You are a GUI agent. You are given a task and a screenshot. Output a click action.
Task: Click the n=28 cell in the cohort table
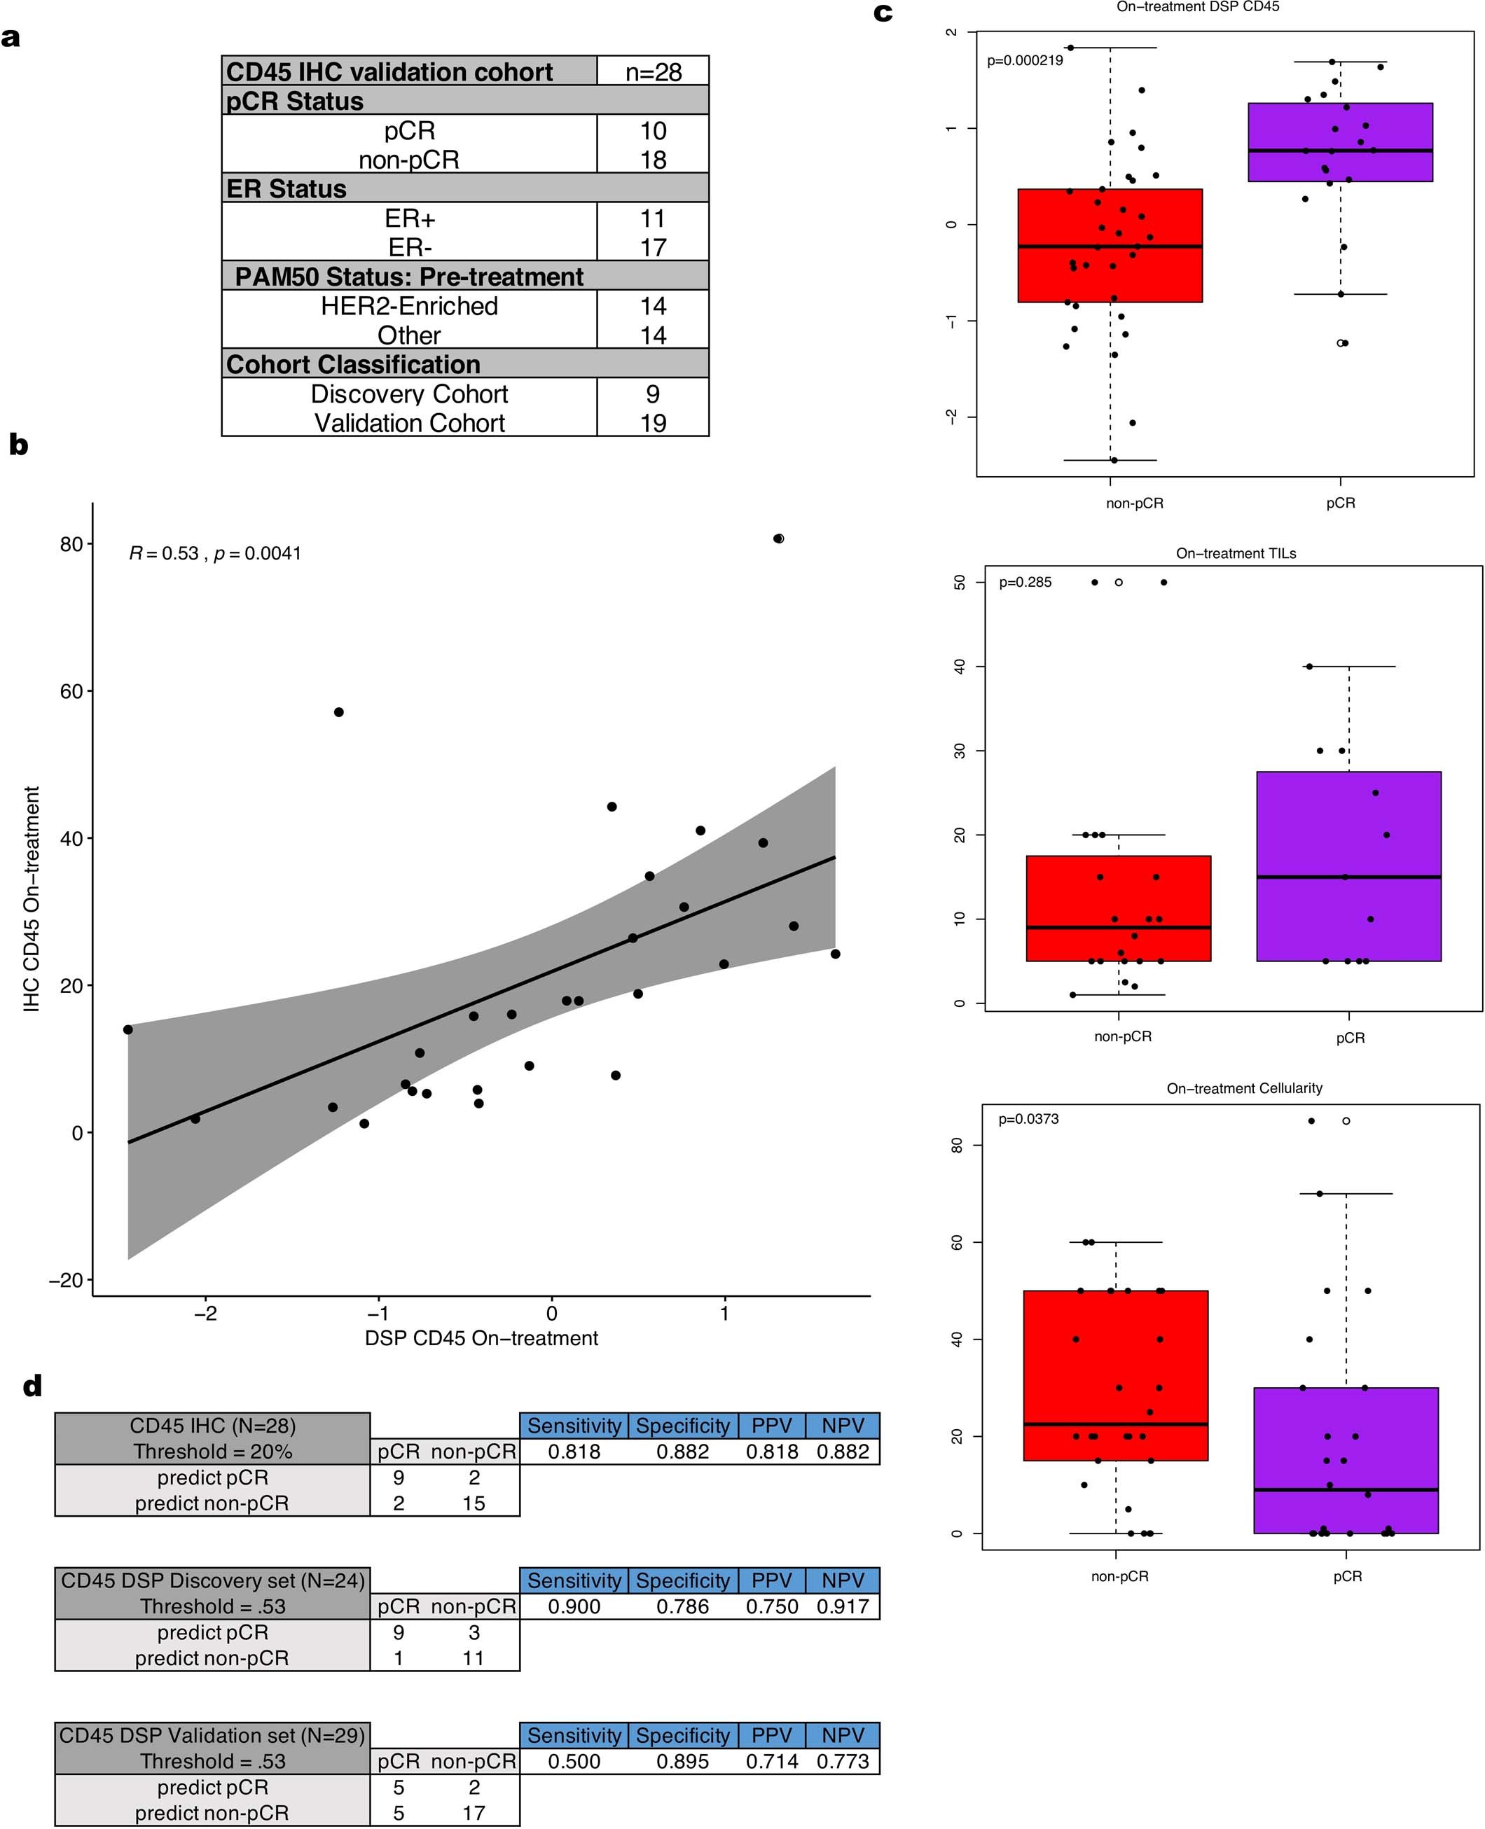pos(653,72)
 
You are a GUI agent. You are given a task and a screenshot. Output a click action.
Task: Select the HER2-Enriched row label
pos(409,306)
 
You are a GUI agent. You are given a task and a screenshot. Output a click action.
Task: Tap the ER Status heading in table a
pos(286,188)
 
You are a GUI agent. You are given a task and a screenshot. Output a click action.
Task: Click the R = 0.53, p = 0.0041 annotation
pos(215,553)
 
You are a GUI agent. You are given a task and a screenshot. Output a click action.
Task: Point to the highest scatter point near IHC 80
pos(778,538)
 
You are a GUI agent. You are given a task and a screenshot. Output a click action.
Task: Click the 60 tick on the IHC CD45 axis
pos(71,692)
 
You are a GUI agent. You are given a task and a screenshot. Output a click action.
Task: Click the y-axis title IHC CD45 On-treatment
pos(32,900)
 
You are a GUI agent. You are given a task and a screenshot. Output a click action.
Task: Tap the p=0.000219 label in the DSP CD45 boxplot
pos(1025,61)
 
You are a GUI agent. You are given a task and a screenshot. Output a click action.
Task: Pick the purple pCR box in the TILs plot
pos(1348,865)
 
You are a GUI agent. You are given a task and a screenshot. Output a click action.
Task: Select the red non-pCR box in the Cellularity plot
pos(1114,1375)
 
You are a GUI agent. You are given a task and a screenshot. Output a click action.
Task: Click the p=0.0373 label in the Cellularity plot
pos(1028,1119)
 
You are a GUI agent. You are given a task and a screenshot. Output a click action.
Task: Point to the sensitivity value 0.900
pos(574,1607)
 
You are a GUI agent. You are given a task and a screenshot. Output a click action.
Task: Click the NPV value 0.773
pos(842,1762)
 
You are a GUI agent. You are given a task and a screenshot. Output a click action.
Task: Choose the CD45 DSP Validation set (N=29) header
pos(212,1735)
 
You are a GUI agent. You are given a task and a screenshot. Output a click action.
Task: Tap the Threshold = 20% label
pos(212,1452)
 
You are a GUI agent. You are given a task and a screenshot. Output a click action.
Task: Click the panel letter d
pos(32,1386)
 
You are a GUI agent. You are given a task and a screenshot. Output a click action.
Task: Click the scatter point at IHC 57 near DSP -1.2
pos(339,712)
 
